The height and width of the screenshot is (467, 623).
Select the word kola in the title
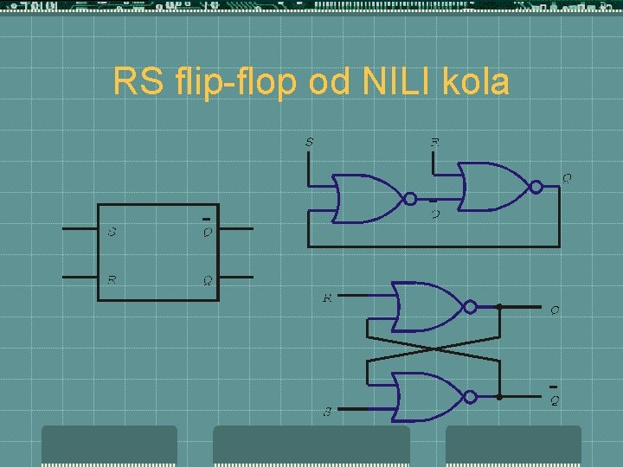(475, 82)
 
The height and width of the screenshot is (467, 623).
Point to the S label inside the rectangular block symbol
(112, 231)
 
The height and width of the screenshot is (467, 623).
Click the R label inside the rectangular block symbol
(112, 279)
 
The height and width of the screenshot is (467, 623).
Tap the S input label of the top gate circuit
(310, 141)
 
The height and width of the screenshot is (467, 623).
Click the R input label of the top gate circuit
(435, 141)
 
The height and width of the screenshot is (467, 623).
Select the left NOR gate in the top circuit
(369, 199)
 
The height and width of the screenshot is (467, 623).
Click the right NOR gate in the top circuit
(492, 185)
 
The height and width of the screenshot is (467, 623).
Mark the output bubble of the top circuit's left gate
(409, 199)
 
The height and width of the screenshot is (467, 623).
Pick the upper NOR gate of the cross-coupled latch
(428, 306)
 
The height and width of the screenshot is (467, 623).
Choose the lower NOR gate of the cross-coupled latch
(428, 397)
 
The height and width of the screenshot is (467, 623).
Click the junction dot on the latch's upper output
(500, 306)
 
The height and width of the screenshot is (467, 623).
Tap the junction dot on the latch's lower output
(500, 397)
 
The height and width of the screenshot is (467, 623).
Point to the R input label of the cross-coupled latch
(327, 298)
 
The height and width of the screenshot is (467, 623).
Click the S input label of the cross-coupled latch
(328, 412)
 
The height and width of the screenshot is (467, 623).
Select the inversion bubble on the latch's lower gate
(469, 397)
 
